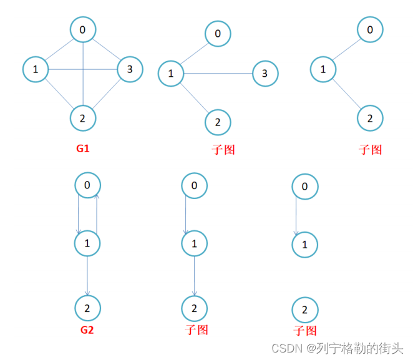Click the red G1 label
point(84,149)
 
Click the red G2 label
point(87,329)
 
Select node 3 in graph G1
point(130,69)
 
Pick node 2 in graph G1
point(83,116)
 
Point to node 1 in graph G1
point(36,69)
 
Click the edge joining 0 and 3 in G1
point(107,49)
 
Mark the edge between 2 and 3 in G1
point(107,93)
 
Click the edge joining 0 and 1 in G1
point(59,49)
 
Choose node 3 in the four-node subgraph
point(265,74)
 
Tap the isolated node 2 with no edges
point(304,309)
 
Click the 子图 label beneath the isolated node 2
point(305,331)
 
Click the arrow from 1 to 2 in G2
point(87,275)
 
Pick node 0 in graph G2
point(87,185)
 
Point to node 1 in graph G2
point(87,243)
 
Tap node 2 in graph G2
point(87,308)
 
